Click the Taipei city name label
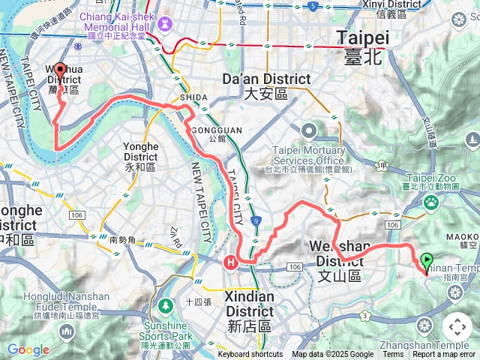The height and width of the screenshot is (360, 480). (x=363, y=45)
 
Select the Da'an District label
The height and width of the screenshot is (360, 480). (x=266, y=85)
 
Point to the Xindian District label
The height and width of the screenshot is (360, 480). (x=250, y=303)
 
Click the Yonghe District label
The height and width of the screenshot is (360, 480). (x=141, y=154)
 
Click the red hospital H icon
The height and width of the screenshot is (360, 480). (x=231, y=262)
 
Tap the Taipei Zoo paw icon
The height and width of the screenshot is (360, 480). (x=432, y=202)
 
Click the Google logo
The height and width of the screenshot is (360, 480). (x=28, y=349)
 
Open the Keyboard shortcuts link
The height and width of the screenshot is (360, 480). (x=250, y=355)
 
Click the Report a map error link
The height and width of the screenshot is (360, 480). (x=444, y=355)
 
